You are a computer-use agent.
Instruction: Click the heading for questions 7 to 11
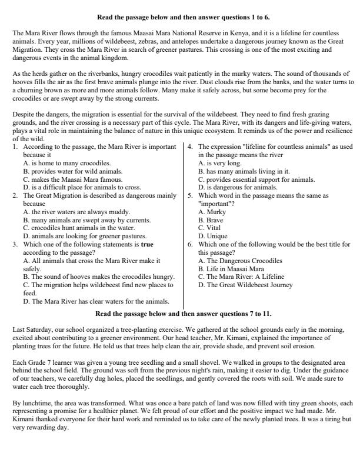(183, 314)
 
